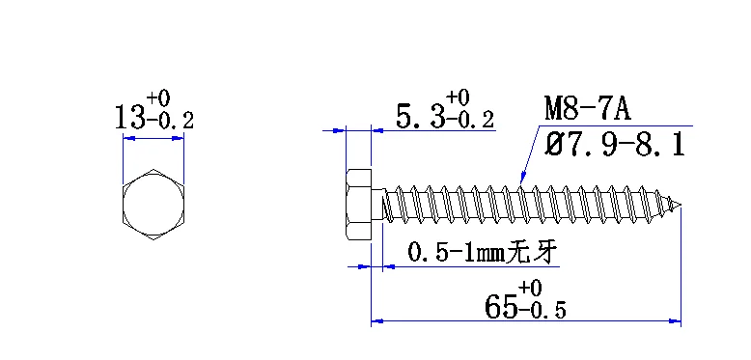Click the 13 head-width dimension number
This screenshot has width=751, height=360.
(129, 118)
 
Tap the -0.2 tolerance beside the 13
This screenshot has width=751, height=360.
(170, 121)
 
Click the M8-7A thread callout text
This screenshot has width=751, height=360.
(588, 108)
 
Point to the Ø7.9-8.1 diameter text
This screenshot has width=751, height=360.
(615, 145)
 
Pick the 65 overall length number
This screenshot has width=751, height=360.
(501, 306)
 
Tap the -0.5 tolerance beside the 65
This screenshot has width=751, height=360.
(542, 310)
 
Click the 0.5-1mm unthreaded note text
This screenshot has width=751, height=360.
(456, 252)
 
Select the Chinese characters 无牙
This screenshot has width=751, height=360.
(532, 252)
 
